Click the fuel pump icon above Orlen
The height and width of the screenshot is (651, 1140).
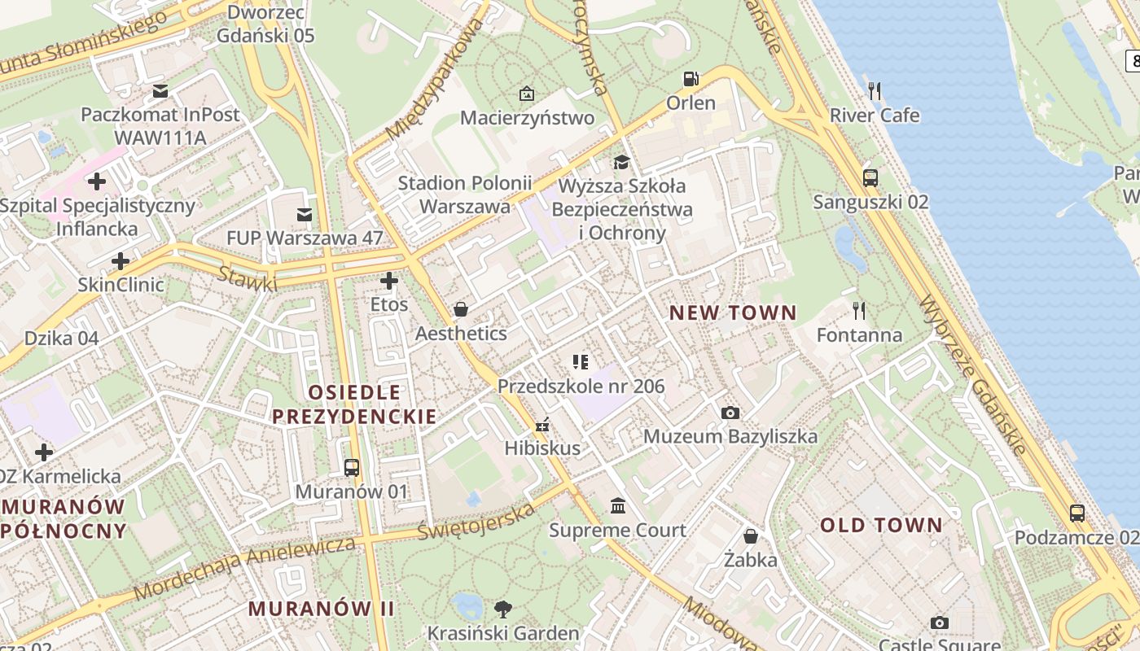coord(691,79)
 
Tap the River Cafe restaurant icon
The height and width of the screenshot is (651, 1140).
coord(875,91)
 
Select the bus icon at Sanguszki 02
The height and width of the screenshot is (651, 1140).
coord(870,177)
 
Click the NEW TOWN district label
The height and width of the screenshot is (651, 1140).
coord(733,312)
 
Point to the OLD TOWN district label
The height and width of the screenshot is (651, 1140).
coord(881,525)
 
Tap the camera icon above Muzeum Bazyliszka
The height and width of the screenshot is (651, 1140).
coord(730,413)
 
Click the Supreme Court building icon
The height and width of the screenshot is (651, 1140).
coord(618,507)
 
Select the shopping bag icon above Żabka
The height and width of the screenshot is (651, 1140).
coord(751,536)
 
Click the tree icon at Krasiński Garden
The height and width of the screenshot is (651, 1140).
coord(503,609)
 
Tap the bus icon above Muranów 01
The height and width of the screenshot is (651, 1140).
coord(352,468)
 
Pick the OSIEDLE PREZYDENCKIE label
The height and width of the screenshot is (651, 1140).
coord(354,404)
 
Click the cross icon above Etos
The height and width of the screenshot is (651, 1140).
coord(389,282)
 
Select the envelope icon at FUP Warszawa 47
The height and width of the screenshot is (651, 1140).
coord(305,215)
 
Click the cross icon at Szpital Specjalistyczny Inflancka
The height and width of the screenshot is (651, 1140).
coord(97,181)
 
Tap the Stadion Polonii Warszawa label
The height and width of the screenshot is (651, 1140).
coord(465,194)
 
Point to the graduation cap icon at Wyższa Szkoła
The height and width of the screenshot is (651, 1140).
coord(622,162)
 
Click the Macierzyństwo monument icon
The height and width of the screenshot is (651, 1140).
coord(527,94)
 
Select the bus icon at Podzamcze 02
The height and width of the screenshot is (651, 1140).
coord(1076,513)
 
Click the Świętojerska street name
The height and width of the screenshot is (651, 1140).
coord(476,522)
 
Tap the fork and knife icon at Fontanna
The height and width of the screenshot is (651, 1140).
coord(858,310)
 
